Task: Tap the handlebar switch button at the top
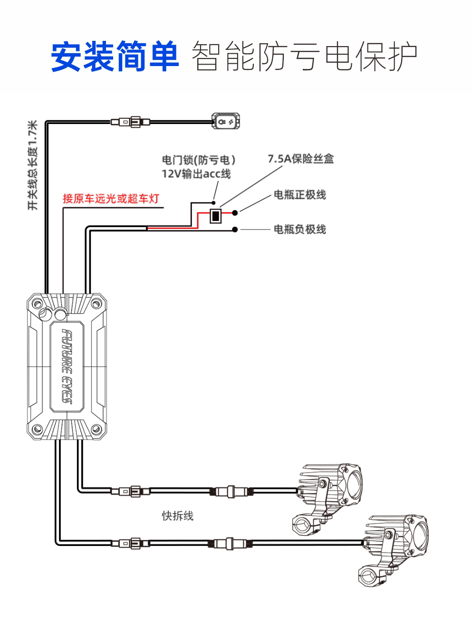tap(226, 121)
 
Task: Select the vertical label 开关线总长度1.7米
tap(33, 165)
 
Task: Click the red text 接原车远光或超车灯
tap(111, 198)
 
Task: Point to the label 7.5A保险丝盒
tap(301, 159)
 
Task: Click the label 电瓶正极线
tap(299, 195)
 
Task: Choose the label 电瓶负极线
tap(299, 229)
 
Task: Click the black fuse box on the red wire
tap(215, 216)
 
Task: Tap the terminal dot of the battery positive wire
tap(235, 212)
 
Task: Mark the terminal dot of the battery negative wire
tap(235, 230)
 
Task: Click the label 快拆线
tap(178, 516)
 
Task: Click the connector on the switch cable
tap(130, 122)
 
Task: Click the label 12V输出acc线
tap(196, 174)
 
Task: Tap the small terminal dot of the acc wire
tap(213, 203)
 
